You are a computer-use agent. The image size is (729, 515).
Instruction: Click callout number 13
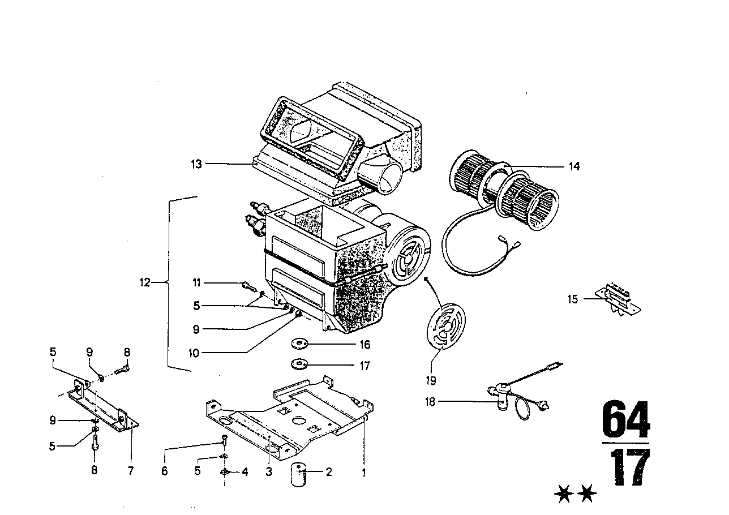click(x=196, y=164)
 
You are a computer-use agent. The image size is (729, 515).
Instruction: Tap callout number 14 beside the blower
click(x=574, y=166)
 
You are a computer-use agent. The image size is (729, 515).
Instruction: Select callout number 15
click(x=572, y=299)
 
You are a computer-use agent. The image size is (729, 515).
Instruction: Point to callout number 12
click(x=145, y=282)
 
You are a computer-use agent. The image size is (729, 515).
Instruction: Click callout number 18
click(x=430, y=402)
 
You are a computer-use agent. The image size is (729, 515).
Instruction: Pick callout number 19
click(x=431, y=380)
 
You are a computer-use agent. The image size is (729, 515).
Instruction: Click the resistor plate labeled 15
click(x=617, y=300)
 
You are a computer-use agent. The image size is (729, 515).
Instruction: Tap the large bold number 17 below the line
click(x=630, y=467)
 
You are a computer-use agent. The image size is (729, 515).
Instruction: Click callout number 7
click(x=131, y=470)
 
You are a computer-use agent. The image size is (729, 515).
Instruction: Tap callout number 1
click(x=364, y=473)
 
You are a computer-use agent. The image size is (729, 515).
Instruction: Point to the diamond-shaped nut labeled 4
click(x=225, y=472)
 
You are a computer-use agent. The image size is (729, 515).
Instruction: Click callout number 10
click(x=194, y=353)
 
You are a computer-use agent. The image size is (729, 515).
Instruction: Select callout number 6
click(x=165, y=470)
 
